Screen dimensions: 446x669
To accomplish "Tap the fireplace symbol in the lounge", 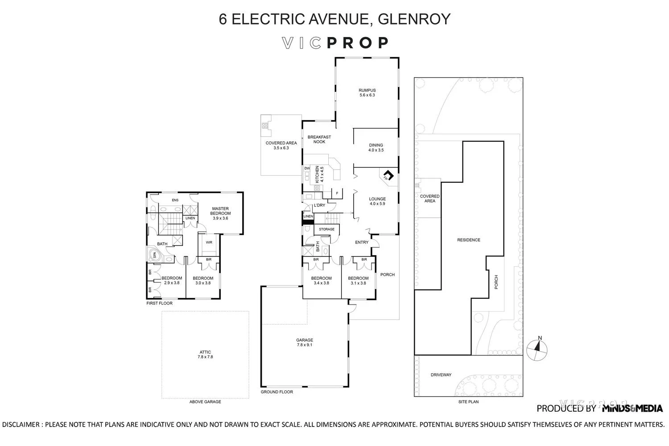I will [x=388, y=175].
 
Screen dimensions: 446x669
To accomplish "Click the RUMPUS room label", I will [x=367, y=92].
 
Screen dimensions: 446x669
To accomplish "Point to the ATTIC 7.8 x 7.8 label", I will [x=205, y=355].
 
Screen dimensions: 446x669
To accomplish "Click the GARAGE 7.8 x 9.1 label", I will [x=305, y=342].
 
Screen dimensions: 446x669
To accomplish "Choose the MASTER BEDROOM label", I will [x=220, y=211].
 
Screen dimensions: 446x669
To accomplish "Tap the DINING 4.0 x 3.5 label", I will [x=376, y=148].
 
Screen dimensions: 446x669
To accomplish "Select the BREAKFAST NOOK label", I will [x=319, y=139].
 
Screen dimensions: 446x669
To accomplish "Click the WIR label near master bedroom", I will [x=209, y=243].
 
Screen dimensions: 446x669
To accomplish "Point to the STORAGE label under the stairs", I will [x=326, y=229].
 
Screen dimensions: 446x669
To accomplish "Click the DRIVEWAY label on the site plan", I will [x=441, y=375].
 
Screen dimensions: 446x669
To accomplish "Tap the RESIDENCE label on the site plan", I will [x=468, y=240].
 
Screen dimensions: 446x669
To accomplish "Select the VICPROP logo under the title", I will [x=335, y=43].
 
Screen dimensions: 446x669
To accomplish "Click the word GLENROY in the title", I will [x=414, y=19].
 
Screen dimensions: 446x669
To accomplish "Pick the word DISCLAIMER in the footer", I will [x=21, y=424].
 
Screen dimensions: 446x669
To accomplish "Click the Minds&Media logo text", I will [x=632, y=408].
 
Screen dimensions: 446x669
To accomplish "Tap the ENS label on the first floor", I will [x=175, y=200].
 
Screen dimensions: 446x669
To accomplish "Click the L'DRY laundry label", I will [x=319, y=205].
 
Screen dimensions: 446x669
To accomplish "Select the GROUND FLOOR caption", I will [x=277, y=392].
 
